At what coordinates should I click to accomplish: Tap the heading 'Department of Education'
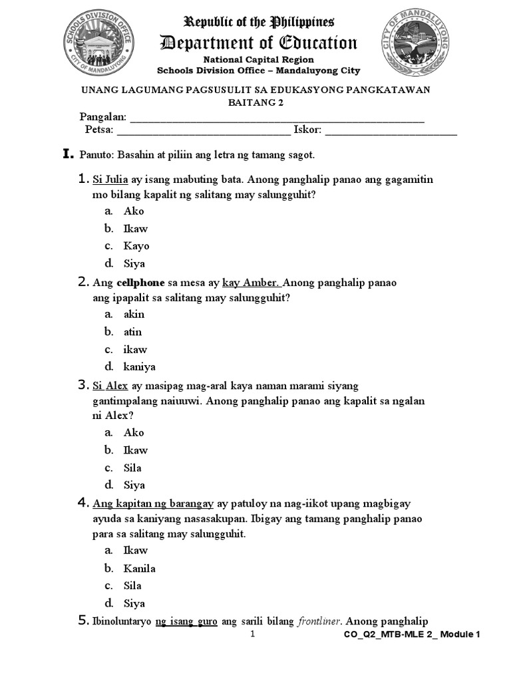click(259, 43)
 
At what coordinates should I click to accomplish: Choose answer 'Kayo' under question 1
click(136, 246)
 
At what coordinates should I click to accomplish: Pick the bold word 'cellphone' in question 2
click(140, 283)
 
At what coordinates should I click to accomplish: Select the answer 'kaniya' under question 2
click(139, 366)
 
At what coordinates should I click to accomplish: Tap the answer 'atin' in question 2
click(133, 332)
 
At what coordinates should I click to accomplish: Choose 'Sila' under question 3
click(132, 468)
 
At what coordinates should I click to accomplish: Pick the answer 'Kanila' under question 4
click(139, 569)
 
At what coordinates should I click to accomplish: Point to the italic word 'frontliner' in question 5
click(319, 622)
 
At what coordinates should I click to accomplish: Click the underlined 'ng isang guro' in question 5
click(186, 622)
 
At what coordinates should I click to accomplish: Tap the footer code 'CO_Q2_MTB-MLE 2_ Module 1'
click(412, 635)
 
